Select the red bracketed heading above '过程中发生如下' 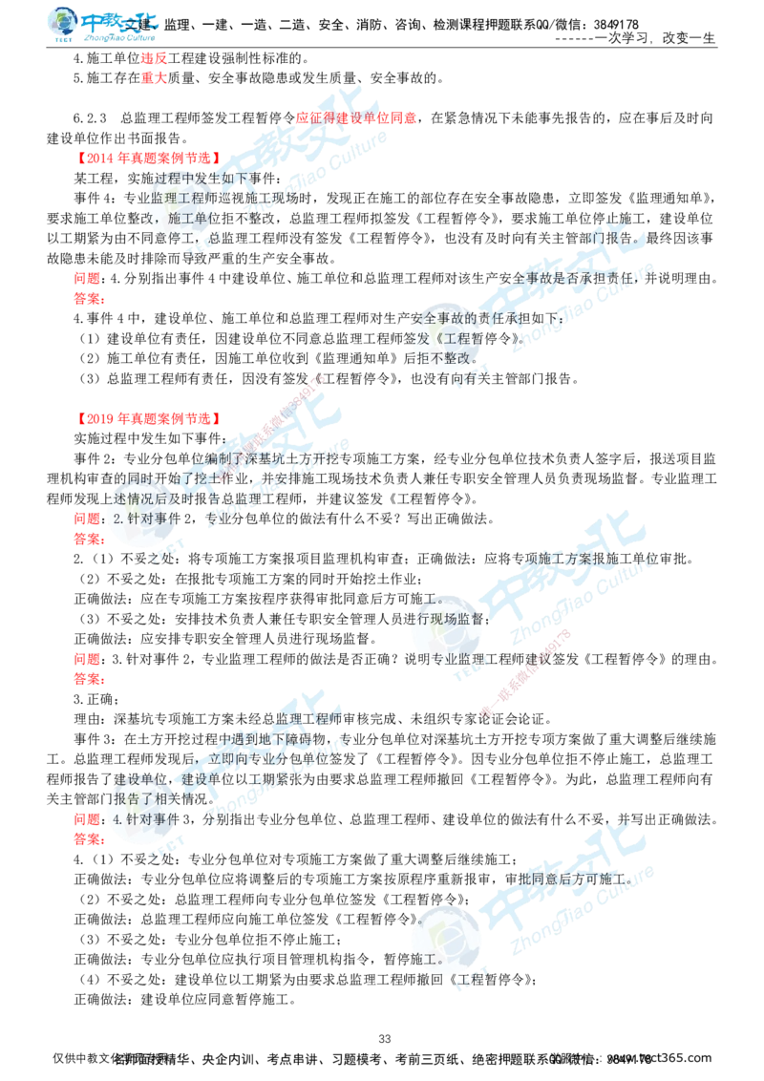[x=148, y=155]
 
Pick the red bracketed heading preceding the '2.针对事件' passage [x=148, y=418]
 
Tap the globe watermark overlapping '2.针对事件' [x=138, y=516]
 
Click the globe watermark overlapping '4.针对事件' [x=138, y=815]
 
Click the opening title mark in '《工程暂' [x=433, y=338]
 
